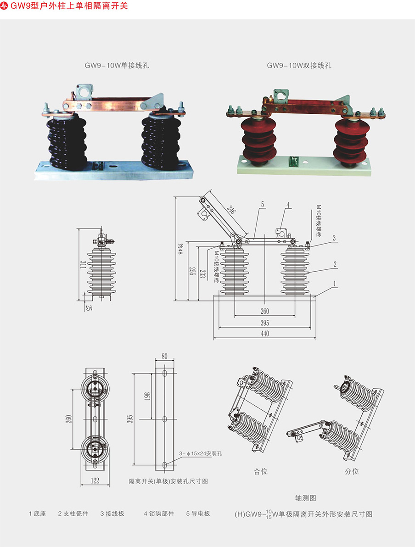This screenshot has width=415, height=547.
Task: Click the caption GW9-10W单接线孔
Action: pos(117,66)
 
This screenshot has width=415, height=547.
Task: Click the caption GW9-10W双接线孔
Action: pos(299,66)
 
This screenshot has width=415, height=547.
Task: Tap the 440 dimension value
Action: pos(265,334)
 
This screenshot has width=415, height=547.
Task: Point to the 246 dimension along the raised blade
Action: pos(230,211)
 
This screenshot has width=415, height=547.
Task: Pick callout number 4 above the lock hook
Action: pos(288,205)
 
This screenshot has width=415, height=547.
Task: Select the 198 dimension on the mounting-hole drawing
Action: pos(147,396)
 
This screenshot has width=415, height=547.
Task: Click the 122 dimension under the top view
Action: pos(95,480)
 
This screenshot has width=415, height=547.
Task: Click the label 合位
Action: pos(260,471)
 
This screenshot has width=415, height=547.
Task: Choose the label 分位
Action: pos(352,471)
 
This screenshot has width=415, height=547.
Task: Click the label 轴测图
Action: pos(306,498)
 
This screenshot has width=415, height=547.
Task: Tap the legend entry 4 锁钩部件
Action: pos(159,514)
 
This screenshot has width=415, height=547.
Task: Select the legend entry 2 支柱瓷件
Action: pos(73,514)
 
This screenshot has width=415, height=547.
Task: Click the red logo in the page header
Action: pos(5,6)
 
